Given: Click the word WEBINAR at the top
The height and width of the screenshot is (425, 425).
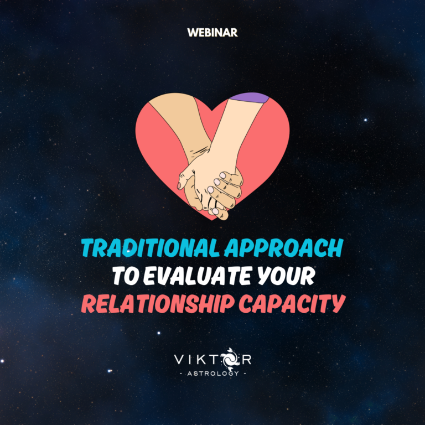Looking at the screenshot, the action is click(212, 33).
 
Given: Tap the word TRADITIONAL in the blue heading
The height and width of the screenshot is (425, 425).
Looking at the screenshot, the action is click(151, 248).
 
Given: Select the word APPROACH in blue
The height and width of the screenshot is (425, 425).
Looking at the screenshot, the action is click(284, 248).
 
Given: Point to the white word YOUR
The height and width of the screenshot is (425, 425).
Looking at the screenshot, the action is click(286, 276).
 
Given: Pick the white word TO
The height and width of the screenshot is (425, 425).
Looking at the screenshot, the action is click(126, 276).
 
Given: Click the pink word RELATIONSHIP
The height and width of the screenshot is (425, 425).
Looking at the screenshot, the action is click(158, 304).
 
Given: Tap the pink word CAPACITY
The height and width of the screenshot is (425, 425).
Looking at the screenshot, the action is click(292, 304).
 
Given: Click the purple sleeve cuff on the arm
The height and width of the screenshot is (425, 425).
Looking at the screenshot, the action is click(249, 97).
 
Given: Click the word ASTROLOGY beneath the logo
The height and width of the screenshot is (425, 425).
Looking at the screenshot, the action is click(213, 374).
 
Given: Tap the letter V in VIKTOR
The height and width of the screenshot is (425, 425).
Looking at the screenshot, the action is click(179, 359).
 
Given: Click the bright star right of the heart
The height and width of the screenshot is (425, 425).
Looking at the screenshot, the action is click(365, 120).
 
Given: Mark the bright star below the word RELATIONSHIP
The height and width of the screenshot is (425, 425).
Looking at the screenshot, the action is click(159, 333).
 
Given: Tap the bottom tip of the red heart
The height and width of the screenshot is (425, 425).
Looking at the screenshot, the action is click(212, 220).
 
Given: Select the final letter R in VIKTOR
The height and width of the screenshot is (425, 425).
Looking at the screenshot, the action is click(246, 359).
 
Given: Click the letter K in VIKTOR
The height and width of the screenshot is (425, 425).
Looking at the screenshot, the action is click(203, 359).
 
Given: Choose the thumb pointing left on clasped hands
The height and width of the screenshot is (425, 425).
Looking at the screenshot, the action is click(184, 179).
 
